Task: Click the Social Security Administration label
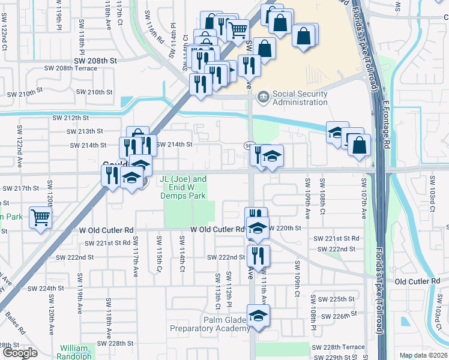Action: pyautogui.click(x=300, y=98)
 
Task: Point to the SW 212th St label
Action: pyautogui.click(x=70, y=118)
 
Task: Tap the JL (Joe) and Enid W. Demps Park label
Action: pyautogui.click(x=182, y=187)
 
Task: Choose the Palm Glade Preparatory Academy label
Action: pyautogui.click(x=208, y=324)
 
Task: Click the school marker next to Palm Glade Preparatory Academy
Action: pyautogui.click(x=258, y=316)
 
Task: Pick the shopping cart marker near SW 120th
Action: pyautogui.click(x=40, y=217)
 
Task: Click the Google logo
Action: pyautogui.click(x=20, y=353)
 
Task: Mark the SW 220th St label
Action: pyautogui.click(x=284, y=229)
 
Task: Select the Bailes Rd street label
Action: pyautogui.click(x=16, y=322)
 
